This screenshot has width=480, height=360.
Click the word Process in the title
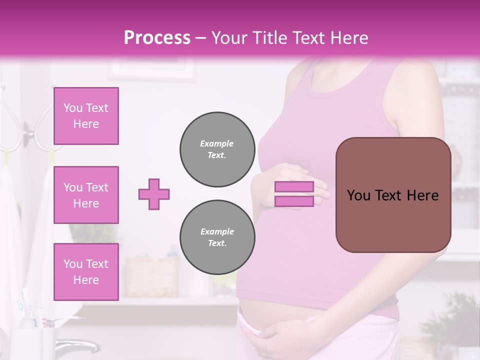(x=157, y=38)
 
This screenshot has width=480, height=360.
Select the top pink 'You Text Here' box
(x=86, y=116)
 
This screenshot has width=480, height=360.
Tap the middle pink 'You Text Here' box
(x=86, y=195)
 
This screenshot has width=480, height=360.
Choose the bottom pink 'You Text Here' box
(x=86, y=272)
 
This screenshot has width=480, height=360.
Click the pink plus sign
(x=154, y=194)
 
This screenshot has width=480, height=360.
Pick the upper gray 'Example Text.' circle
(x=217, y=149)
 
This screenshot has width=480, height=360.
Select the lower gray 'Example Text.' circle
(x=217, y=237)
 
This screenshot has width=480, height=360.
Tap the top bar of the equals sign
(x=294, y=186)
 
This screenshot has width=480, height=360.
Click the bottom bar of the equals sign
(x=294, y=201)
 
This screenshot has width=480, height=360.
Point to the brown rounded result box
(x=393, y=195)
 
